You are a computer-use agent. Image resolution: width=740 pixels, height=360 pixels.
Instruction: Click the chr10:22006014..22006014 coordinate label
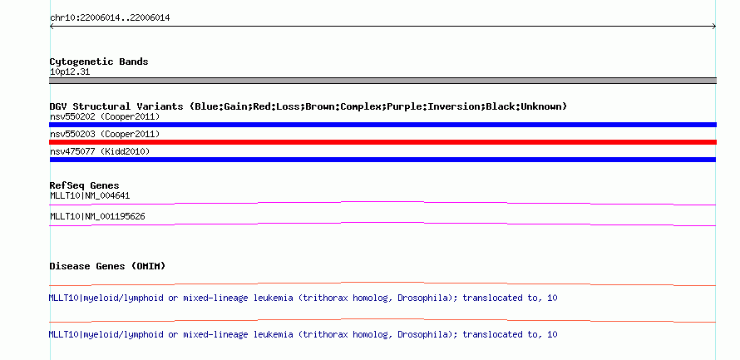point(110,18)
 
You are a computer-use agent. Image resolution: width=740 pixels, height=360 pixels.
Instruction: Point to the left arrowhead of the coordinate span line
point(51,27)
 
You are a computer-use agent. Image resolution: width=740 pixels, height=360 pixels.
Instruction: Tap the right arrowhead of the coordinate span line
point(714,27)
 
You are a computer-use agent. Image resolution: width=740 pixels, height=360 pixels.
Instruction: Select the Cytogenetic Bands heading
point(99,62)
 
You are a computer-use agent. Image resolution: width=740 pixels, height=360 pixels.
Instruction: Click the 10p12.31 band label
point(70,72)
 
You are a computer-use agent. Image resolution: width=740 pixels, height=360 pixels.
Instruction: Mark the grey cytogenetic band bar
point(382,81)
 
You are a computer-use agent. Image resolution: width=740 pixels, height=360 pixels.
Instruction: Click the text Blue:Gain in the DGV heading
point(221,106)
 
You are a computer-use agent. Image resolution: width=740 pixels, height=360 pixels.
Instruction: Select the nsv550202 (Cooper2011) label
point(105,116)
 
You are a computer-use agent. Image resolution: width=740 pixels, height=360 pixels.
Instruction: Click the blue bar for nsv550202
point(382,125)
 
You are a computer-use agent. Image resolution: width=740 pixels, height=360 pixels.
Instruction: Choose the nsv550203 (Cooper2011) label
point(105,135)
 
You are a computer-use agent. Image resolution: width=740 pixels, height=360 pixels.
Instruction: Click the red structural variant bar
point(382,142)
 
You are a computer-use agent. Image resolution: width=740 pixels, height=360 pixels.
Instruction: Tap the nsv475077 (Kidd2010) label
point(100,151)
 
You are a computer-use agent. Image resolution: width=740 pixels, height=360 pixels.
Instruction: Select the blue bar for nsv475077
point(382,160)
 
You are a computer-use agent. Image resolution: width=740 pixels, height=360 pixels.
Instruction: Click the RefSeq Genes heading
point(85,186)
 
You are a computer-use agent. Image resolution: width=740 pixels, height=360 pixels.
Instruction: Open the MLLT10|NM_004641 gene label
point(90,196)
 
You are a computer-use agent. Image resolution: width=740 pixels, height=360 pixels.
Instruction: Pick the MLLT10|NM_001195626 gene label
point(97,217)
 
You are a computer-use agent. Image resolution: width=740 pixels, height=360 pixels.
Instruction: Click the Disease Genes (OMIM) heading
point(107,267)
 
